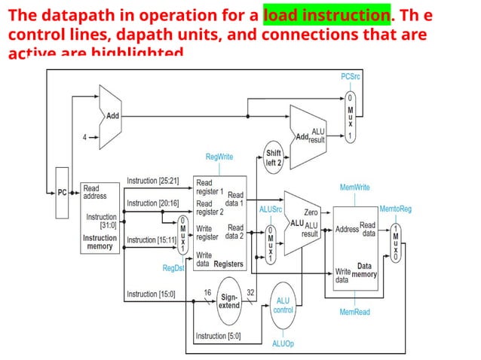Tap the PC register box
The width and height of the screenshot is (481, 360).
point(63,193)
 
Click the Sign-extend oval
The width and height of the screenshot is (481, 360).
point(228,301)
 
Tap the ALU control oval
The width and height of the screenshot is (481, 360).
point(283,305)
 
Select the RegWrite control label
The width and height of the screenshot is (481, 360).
point(219,157)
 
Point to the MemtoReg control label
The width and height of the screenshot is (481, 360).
point(395,208)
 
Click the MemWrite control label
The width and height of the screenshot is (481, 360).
point(354,186)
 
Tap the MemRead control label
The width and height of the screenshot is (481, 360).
point(354,312)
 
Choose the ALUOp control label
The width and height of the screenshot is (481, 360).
point(283,343)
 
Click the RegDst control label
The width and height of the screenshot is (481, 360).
point(173,267)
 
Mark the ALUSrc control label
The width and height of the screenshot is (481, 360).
point(271,209)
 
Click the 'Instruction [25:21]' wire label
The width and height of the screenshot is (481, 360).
point(152,181)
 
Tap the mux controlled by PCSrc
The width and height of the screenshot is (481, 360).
point(349,117)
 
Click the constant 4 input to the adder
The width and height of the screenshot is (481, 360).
point(84,138)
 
